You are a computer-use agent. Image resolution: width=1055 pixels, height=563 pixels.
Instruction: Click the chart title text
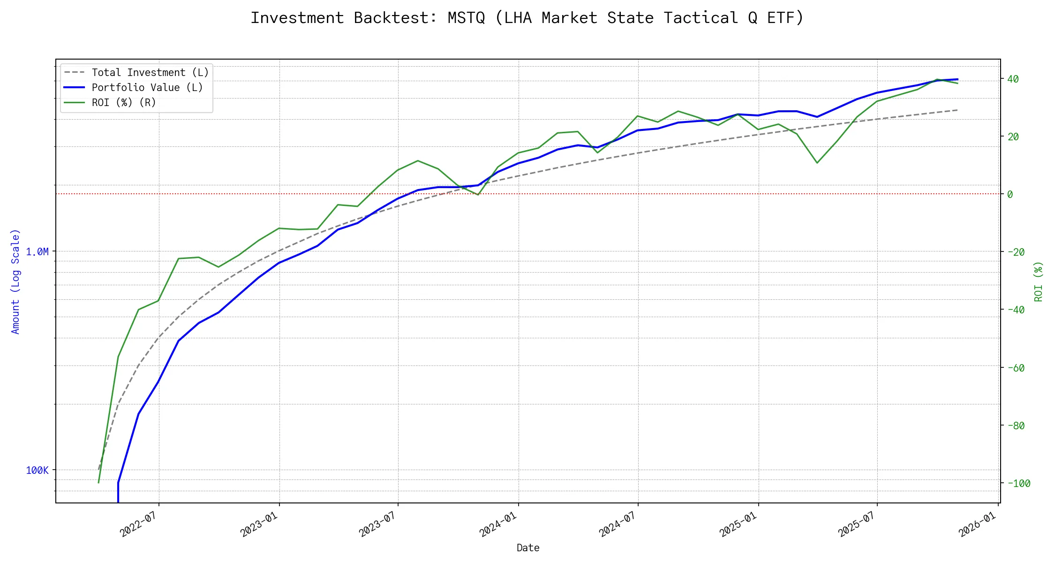click(x=527, y=18)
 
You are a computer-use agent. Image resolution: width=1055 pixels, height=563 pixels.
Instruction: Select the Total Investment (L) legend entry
click(x=150, y=73)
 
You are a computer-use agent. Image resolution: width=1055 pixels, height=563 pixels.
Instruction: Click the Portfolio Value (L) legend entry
click(x=147, y=88)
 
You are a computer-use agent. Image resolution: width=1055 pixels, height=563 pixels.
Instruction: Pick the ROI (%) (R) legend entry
click(x=124, y=103)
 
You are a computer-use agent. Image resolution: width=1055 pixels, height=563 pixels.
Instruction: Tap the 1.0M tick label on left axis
click(x=37, y=252)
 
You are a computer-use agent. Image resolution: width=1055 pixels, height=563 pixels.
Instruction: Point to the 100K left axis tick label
click(x=37, y=471)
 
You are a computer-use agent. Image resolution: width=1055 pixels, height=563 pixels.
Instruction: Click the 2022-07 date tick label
click(x=138, y=524)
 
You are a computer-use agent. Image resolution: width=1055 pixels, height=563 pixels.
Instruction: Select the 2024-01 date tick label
click(x=498, y=524)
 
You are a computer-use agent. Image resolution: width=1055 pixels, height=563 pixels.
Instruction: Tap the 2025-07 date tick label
click(x=857, y=524)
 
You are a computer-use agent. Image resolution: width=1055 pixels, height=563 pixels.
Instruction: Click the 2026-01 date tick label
click(x=977, y=524)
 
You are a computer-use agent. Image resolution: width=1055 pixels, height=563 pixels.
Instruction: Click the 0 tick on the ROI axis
click(x=1010, y=194)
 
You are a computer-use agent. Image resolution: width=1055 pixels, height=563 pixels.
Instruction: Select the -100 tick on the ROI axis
click(x=1018, y=484)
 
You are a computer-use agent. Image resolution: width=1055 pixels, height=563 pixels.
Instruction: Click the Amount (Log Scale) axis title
click(x=16, y=281)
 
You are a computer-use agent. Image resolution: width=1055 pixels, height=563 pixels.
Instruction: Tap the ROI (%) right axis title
click(x=1038, y=281)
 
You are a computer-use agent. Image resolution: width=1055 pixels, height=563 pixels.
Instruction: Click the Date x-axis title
click(x=528, y=548)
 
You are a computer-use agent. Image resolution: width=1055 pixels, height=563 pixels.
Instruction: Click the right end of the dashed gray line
click(x=957, y=110)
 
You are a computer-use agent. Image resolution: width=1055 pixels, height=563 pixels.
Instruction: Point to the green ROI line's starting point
click(x=98, y=482)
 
